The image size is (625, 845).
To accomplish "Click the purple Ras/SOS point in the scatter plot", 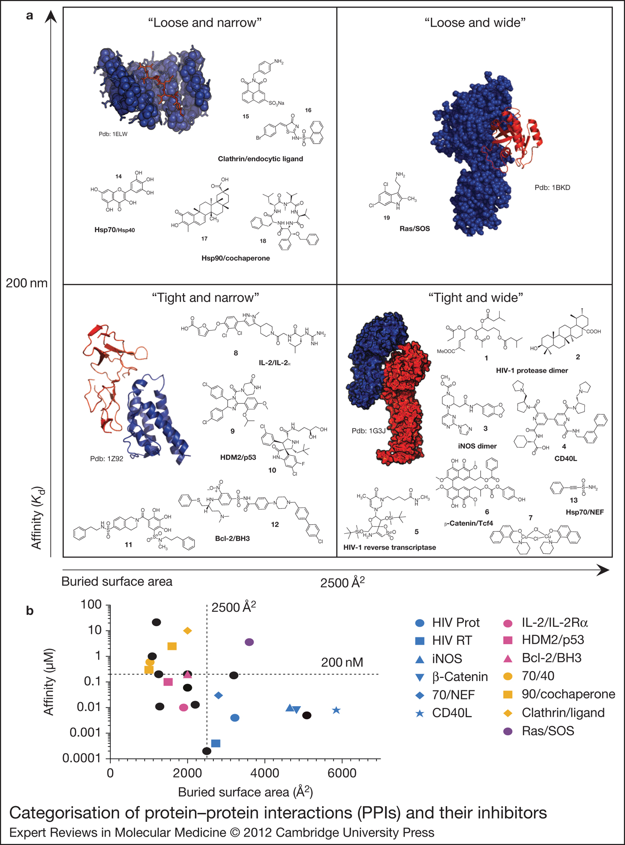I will point(250,642).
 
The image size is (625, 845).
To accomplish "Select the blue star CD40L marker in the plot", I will point(337,710).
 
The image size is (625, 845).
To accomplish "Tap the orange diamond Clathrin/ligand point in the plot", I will point(187,631).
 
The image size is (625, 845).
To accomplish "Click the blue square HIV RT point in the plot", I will point(216,743).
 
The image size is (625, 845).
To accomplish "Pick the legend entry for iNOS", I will point(447,659).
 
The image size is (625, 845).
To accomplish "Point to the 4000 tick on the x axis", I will point(265,773).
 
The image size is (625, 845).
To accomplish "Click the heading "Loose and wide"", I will point(475,23).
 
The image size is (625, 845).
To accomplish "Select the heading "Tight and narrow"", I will point(206,298).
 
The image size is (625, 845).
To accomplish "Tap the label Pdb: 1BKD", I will point(552,188).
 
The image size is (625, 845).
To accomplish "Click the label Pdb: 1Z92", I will point(106,459).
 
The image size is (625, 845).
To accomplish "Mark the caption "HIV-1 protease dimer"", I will point(532,370).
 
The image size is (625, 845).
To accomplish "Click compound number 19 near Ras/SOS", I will point(387,218).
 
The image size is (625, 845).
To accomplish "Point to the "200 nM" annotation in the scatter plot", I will point(342,662).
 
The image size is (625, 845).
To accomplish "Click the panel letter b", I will point(30,611).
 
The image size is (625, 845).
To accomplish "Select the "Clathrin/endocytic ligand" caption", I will point(260,159).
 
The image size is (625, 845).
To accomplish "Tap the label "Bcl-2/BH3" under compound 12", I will point(232,538).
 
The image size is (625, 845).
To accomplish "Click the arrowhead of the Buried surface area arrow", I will point(604,569).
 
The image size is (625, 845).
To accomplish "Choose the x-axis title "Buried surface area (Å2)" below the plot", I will point(245,792).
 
